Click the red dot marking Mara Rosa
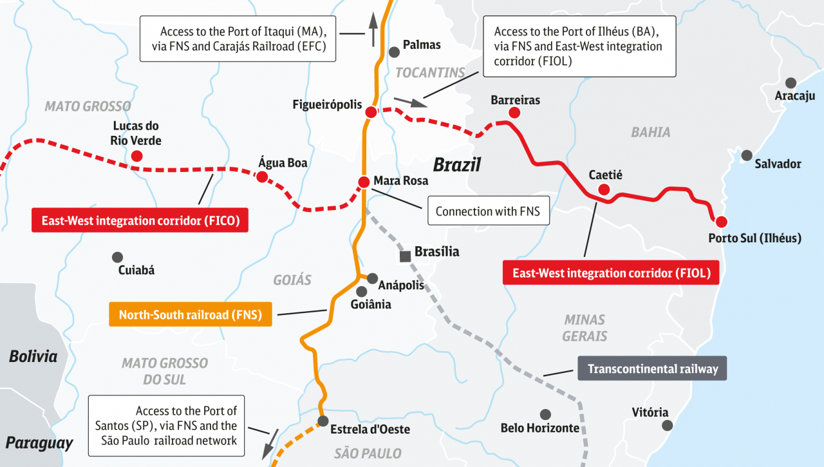click(364, 182)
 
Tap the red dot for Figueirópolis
click(371, 113)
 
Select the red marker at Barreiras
click(514, 113)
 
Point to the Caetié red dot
click(604, 189)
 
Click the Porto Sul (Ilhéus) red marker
click(722, 222)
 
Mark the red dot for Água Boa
click(262, 176)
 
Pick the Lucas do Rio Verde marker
click(136, 156)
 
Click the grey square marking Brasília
click(406, 256)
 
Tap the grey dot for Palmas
click(393, 52)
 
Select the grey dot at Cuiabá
click(117, 257)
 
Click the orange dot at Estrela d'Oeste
click(323, 423)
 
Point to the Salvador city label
click(778, 164)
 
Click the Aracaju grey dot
click(791, 83)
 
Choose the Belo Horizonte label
click(540, 428)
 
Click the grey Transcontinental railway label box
click(652, 369)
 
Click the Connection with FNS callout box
click(487, 211)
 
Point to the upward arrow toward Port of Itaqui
click(373, 28)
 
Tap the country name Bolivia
click(33, 356)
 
